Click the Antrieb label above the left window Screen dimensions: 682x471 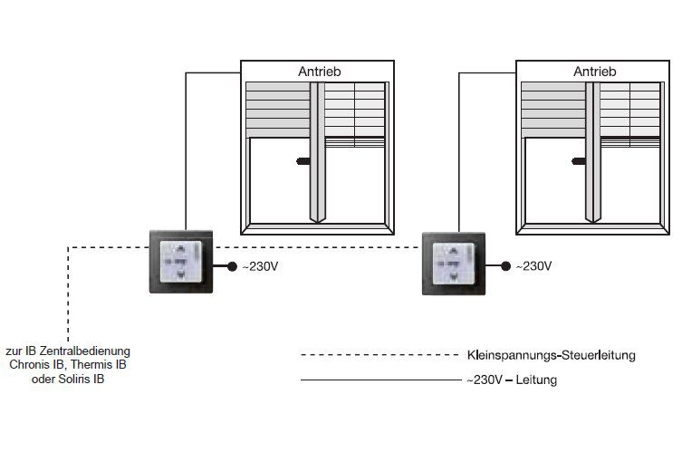319,72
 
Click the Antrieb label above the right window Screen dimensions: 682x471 594,72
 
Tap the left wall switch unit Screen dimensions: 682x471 181,262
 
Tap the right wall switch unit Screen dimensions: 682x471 454,264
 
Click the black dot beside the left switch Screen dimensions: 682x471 232,266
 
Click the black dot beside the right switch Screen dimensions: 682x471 505,265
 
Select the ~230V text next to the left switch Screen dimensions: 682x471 260,266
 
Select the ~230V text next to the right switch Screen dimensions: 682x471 533,266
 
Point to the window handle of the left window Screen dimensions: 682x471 303,161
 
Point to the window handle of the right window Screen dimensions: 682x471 579,161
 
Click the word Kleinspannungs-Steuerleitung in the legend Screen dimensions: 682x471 551,355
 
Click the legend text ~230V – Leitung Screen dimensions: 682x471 512,380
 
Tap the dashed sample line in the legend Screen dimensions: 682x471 379,355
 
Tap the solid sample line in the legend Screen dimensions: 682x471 380,380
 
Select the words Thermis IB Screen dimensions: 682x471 99,364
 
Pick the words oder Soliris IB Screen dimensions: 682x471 68,379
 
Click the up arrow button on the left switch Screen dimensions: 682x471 180,249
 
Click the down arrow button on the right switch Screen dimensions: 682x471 453,276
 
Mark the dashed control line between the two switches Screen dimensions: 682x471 318,247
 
